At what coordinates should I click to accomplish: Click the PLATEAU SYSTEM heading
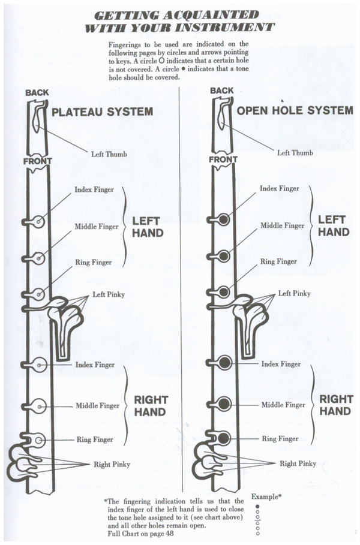(103, 112)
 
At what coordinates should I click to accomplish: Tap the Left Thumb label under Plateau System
(109, 153)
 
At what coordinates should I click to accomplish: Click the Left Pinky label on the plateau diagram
(107, 294)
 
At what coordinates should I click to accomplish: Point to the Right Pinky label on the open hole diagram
(298, 463)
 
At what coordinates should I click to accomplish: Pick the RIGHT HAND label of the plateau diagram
(150, 406)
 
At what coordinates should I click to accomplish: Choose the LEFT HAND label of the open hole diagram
(334, 226)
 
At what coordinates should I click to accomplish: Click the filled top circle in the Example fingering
(257, 506)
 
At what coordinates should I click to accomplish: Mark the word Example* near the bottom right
(266, 497)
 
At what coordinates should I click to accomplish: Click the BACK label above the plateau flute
(37, 92)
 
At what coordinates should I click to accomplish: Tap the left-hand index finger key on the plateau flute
(39, 222)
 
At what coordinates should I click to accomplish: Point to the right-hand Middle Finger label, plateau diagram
(98, 406)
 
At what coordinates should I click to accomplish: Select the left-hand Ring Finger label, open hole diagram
(278, 262)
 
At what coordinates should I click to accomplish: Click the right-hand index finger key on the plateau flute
(40, 364)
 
